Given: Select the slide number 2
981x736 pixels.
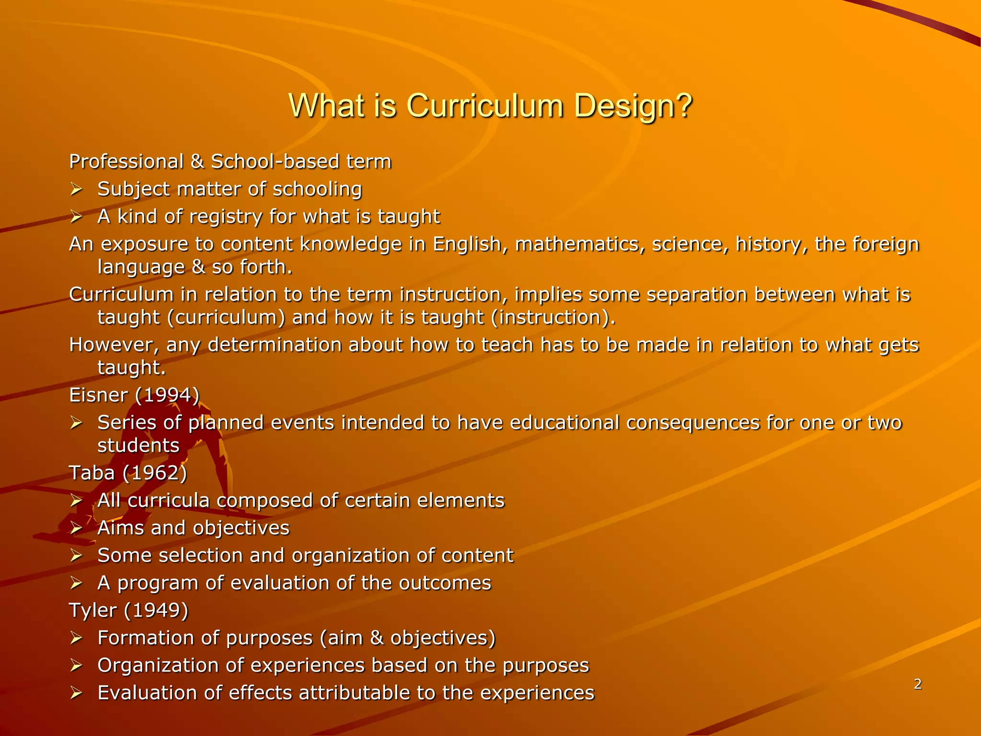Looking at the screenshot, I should (x=917, y=684).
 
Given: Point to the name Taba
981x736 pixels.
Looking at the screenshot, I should (x=92, y=473).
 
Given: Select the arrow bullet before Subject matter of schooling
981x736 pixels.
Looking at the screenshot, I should (x=76, y=190).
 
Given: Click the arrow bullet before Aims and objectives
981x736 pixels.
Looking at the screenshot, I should (x=76, y=529).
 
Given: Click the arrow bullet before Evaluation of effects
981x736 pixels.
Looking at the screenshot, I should (x=76, y=693).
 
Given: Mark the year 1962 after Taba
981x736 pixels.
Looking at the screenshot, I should (x=155, y=473).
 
